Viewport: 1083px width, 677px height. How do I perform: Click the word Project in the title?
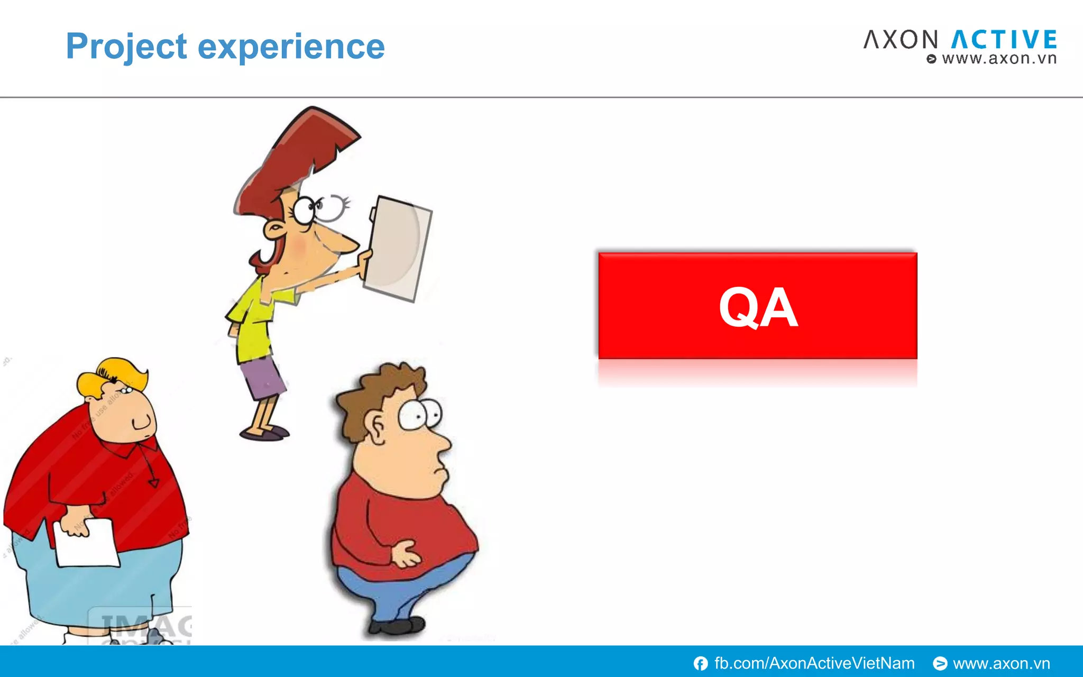pos(126,47)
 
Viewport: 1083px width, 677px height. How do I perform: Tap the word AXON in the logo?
pos(901,40)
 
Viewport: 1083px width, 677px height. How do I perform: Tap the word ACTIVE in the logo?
pos(1004,40)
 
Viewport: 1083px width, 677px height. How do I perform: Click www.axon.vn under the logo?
pos(998,59)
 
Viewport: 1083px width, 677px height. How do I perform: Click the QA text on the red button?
pos(757,307)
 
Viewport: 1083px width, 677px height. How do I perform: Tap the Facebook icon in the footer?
pos(701,663)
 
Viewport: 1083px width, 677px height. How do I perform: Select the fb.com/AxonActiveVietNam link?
pos(814,663)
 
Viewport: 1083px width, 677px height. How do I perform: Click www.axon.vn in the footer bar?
pos(1001,663)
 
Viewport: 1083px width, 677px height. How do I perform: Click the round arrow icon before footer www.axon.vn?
pos(940,663)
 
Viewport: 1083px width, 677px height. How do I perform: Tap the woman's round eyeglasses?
pos(317,208)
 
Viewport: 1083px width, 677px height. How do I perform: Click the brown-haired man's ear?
pos(377,427)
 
